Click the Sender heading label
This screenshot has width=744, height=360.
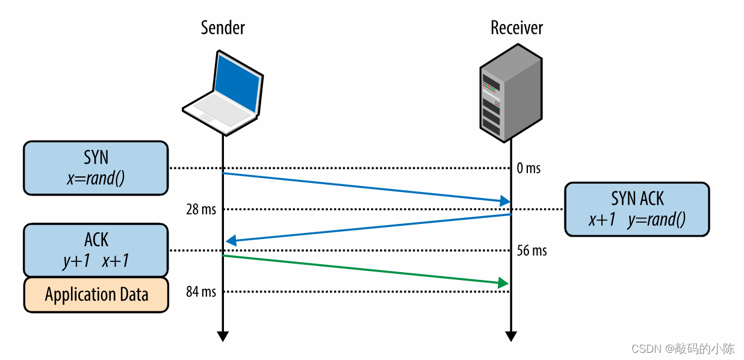(x=223, y=28)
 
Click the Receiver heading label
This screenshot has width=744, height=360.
(x=516, y=28)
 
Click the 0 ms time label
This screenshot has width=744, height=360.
(x=529, y=169)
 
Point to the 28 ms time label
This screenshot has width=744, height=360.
(x=201, y=209)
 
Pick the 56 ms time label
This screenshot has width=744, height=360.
(x=532, y=250)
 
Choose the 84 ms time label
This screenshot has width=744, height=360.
(x=201, y=292)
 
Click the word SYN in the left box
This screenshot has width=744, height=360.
(x=96, y=158)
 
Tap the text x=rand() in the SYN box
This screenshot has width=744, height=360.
(x=96, y=179)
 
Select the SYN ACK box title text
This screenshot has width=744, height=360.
(x=637, y=199)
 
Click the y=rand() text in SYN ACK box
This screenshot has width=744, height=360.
(x=656, y=220)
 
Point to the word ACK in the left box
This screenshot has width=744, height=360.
(x=96, y=240)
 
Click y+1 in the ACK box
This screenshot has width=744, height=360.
(x=76, y=261)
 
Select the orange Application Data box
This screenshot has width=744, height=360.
(x=96, y=294)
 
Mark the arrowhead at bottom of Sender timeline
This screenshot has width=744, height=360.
(x=223, y=336)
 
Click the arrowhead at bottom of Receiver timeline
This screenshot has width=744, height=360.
(x=511, y=336)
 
